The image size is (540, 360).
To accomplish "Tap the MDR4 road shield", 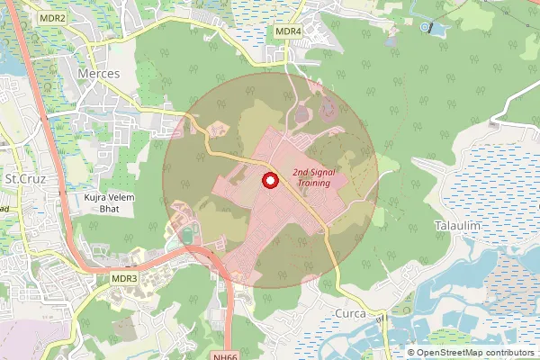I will pos(288,31).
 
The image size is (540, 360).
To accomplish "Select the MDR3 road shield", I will pos(124,278).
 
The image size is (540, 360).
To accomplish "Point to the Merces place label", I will pos(99,73).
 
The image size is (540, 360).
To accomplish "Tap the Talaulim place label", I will pos(456,224).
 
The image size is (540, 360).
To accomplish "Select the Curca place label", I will pos(348,313).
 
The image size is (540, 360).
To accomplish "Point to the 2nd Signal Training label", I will pos(311,177).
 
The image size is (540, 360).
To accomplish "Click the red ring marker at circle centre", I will pos(268,181).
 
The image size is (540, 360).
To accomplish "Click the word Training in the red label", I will pos(311,184).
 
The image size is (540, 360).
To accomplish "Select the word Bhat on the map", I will pos(109,208).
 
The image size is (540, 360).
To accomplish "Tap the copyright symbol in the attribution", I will pos(411,353).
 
